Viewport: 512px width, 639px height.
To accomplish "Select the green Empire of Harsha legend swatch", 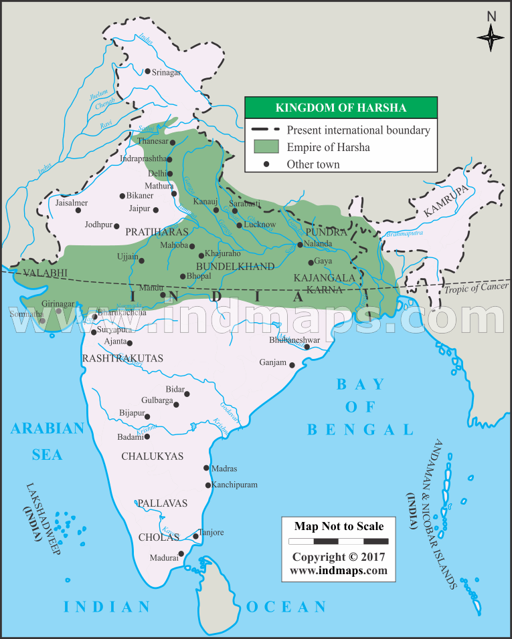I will pyautogui.click(x=266, y=147).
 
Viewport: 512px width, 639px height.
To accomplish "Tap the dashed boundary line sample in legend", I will pyautogui.click(x=266, y=130).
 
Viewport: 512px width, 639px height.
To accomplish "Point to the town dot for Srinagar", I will pyautogui.click(x=147, y=71).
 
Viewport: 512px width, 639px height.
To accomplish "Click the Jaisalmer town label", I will pyautogui.click(x=72, y=202).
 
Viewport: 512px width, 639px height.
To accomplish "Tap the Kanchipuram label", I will pyautogui.click(x=234, y=485).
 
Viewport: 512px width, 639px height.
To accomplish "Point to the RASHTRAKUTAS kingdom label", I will pyautogui.click(x=122, y=359).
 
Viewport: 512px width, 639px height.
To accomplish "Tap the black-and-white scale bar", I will pyautogui.click(x=339, y=541).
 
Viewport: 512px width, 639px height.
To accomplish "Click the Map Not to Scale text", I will pyautogui.click(x=339, y=526).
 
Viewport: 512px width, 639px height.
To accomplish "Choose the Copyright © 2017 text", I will pyautogui.click(x=339, y=557).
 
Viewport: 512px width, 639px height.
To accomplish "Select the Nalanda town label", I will pyautogui.click(x=317, y=244).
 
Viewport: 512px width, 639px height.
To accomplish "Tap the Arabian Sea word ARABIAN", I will pyautogui.click(x=48, y=428).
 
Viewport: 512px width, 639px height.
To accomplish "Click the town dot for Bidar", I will pyautogui.click(x=187, y=394).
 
